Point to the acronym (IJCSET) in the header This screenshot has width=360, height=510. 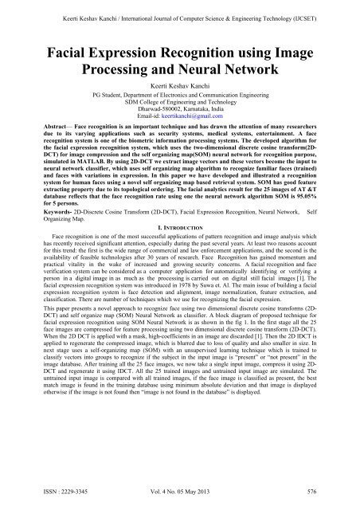pyautogui.click(x=316, y=11)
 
